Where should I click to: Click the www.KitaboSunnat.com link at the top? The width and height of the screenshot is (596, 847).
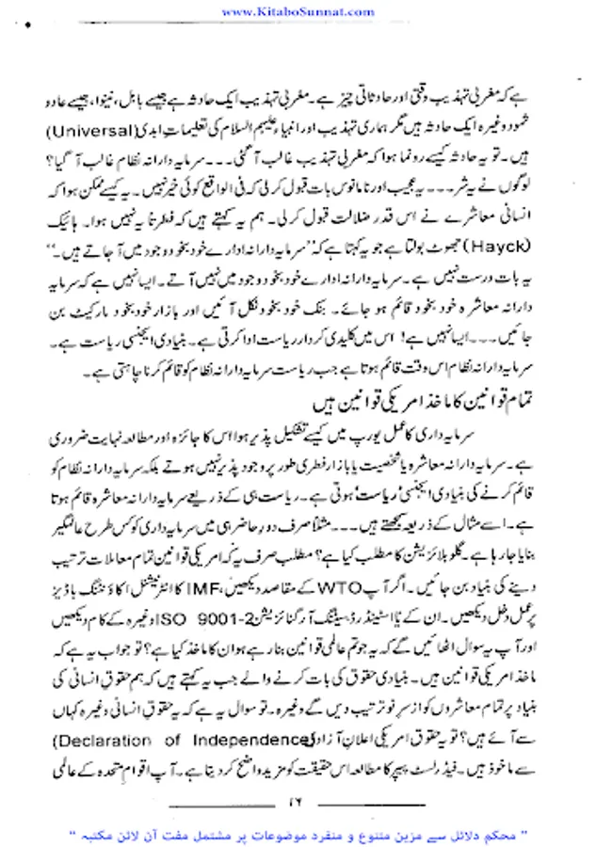click(x=298, y=11)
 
